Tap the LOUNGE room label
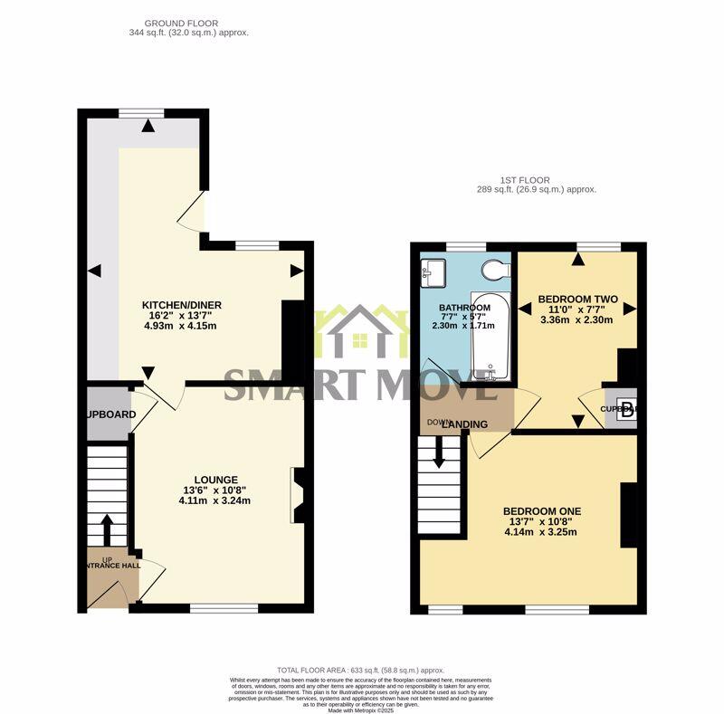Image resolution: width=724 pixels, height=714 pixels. tap(215, 480)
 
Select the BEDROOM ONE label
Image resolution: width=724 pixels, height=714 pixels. tap(542, 511)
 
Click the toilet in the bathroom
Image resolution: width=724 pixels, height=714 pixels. tap(495, 270)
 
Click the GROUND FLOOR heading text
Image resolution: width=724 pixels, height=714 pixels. tap(187, 23)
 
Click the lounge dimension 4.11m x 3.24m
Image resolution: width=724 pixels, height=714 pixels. tap(215, 500)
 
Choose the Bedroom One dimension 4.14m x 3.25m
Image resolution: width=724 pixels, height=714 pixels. tap(542, 531)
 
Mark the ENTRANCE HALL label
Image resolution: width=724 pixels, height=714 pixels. tap(110, 566)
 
